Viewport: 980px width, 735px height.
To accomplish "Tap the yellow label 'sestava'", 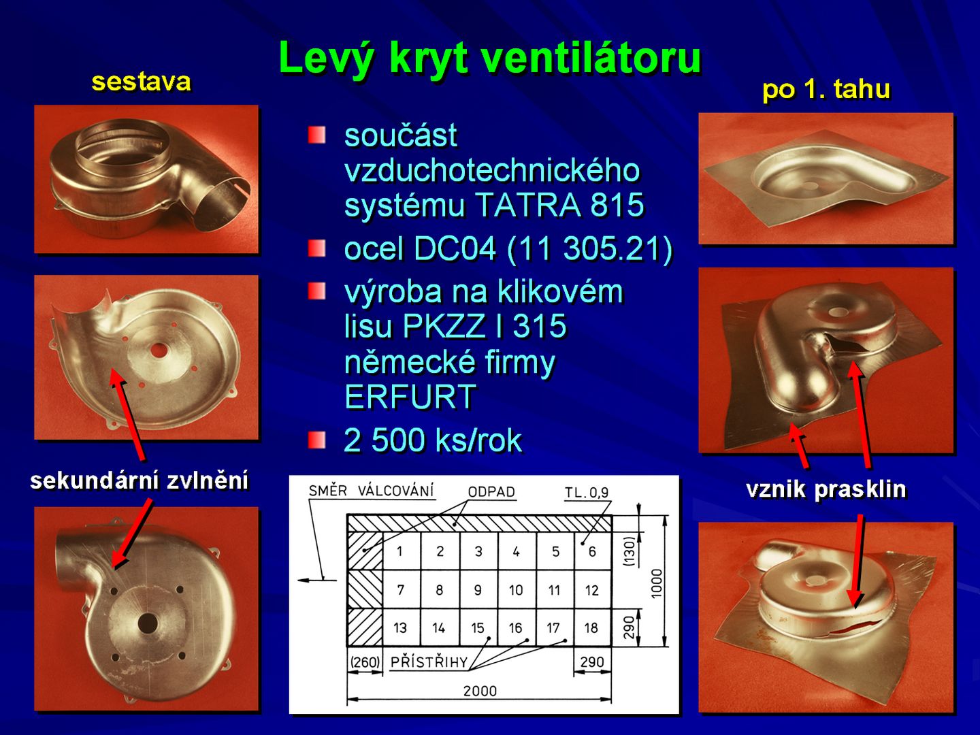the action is [x=141, y=82].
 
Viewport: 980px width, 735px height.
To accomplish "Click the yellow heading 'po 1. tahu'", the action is [x=826, y=89].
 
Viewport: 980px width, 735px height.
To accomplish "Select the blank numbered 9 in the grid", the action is [x=478, y=590].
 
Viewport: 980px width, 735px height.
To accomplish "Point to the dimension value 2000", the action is [x=480, y=691].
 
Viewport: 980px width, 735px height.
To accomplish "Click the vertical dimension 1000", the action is [x=656, y=583].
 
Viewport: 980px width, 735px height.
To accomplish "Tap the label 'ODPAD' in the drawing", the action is [x=491, y=492].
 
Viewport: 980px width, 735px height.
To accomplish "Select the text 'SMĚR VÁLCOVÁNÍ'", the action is [x=371, y=491].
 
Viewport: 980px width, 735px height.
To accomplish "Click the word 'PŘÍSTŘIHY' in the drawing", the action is [x=429, y=662].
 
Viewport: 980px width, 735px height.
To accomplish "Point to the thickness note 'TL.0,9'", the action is [x=587, y=493].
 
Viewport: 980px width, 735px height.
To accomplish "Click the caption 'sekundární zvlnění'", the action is [x=140, y=481].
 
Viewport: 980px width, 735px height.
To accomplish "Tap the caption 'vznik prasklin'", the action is [x=826, y=489].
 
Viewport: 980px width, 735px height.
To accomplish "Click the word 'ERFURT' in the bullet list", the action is [x=410, y=396].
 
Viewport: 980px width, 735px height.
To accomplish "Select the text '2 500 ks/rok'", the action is [x=433, y=440].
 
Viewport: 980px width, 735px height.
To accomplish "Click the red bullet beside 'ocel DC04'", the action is [x=316, y=248].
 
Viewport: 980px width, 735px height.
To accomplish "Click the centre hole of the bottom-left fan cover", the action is [x=147, y=623].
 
